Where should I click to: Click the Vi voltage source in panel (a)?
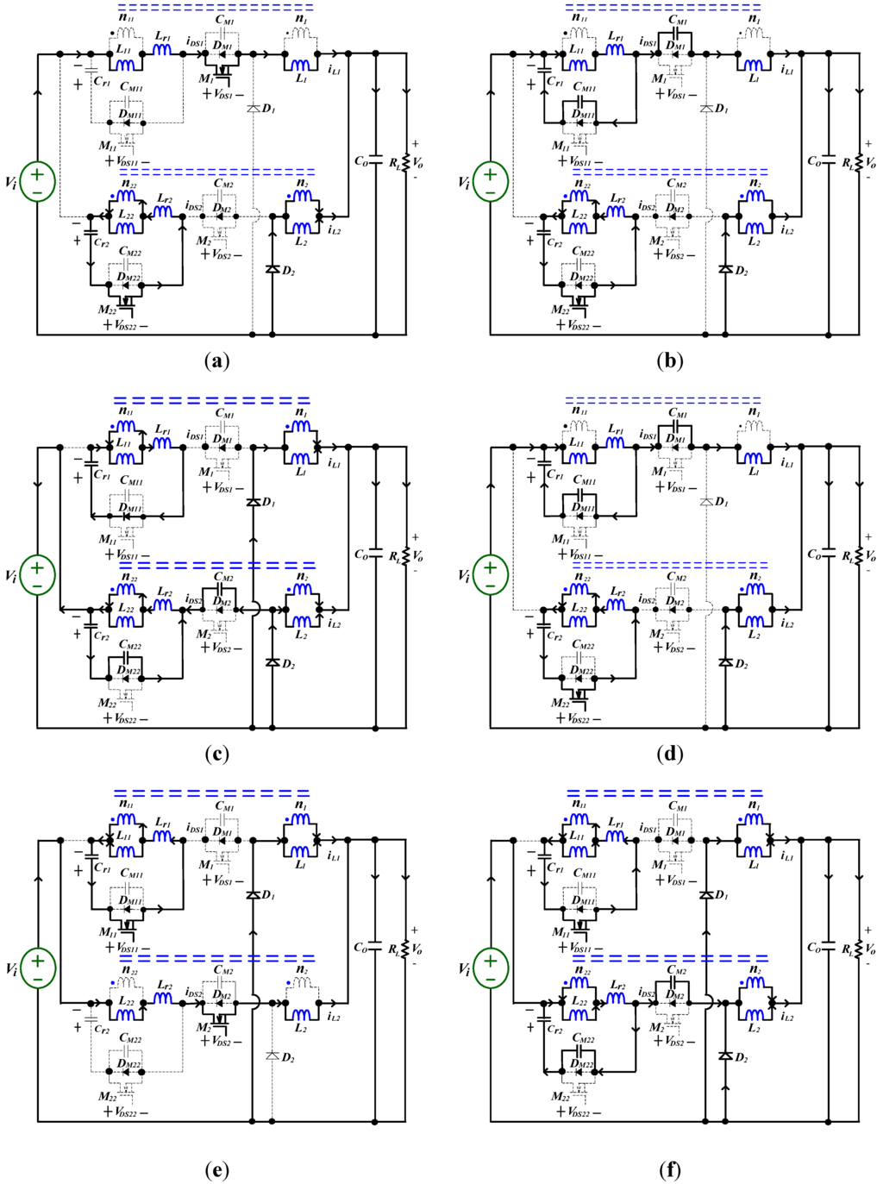coord(37,181)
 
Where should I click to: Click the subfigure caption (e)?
coord(217,1169)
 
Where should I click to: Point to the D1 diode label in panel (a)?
coord(268,109)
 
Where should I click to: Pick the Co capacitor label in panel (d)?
coord(814,554)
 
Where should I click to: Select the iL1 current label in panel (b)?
coord(787,70)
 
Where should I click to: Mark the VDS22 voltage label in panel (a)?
coord(128,326)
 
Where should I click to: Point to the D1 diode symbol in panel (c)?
coord(253,502)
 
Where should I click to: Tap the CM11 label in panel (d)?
coord(585,481)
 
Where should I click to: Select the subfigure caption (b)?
coord(671,360)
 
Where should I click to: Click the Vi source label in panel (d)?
coord(464,575)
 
